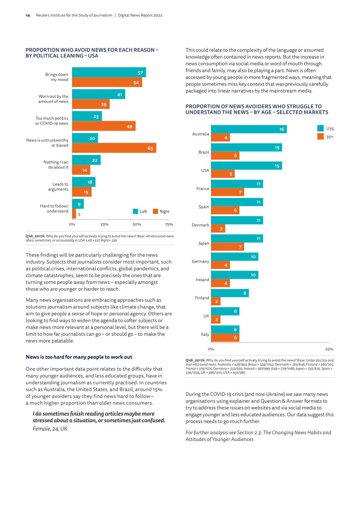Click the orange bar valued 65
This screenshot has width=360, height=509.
[114, 148]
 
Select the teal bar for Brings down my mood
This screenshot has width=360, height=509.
[109, 72]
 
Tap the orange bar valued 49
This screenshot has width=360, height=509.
[104, 126]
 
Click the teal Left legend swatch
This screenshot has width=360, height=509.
[135, 211]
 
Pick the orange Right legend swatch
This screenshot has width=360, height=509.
[155, 211]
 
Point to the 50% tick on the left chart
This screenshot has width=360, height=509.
[137, 224]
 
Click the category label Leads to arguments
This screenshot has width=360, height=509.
[58, 186]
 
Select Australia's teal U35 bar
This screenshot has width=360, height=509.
[249, 129]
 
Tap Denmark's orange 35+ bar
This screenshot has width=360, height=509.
[218, 229]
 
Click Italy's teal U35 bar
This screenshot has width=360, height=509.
[225, 330]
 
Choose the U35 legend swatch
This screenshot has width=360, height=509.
[320, 128]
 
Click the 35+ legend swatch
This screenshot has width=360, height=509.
[320, 136]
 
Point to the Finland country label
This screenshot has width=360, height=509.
[202, 298]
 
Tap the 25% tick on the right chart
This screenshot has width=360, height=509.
[329, 349]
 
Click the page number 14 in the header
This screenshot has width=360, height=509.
[28, 16]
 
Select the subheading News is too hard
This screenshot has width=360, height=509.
[79, 357]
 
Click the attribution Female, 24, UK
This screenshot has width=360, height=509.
[50, 428]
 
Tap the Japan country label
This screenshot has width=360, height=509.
[203, 244]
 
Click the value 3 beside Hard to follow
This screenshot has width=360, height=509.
[79, 214]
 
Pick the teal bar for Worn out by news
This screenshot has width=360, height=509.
[99, 94]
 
